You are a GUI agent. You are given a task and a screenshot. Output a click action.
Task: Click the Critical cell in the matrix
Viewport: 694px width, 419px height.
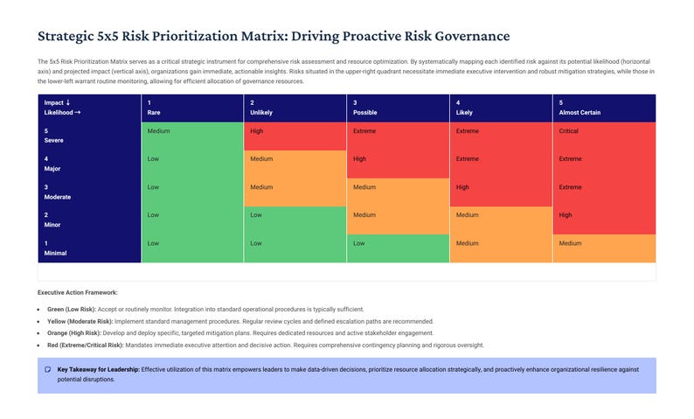pos(568,131)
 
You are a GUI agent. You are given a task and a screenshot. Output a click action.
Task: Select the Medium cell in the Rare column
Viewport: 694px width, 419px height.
pos(158,131)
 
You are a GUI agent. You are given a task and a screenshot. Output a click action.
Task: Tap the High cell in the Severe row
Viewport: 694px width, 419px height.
pos(257,131)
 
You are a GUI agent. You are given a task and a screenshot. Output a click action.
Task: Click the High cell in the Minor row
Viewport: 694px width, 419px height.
pos(566,215)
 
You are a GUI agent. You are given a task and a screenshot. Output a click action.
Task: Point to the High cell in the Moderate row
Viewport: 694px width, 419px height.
pos(462,187)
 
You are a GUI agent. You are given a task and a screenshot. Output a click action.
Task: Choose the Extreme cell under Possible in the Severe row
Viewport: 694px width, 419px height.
pos(364,131)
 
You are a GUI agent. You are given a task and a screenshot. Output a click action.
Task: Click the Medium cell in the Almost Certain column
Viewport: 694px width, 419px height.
pos(570,243)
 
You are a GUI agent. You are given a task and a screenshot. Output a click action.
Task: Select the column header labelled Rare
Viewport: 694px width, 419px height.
pos(155,113)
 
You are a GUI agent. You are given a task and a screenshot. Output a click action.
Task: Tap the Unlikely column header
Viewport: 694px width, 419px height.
pos(262,113)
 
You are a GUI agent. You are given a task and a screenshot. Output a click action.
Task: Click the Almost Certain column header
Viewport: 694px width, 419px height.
pos(579,113)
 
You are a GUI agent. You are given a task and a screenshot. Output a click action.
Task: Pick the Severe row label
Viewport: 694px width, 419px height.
pos(53,141)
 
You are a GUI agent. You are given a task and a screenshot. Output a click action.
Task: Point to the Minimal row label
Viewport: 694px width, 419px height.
pos(55,253)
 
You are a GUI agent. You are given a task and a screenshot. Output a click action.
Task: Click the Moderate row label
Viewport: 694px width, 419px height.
pos(57,197)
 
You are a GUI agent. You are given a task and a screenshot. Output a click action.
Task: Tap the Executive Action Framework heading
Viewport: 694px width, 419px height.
pos(77,292)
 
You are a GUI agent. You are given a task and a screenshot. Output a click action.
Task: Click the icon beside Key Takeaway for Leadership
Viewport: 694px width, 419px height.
pos(47,370)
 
